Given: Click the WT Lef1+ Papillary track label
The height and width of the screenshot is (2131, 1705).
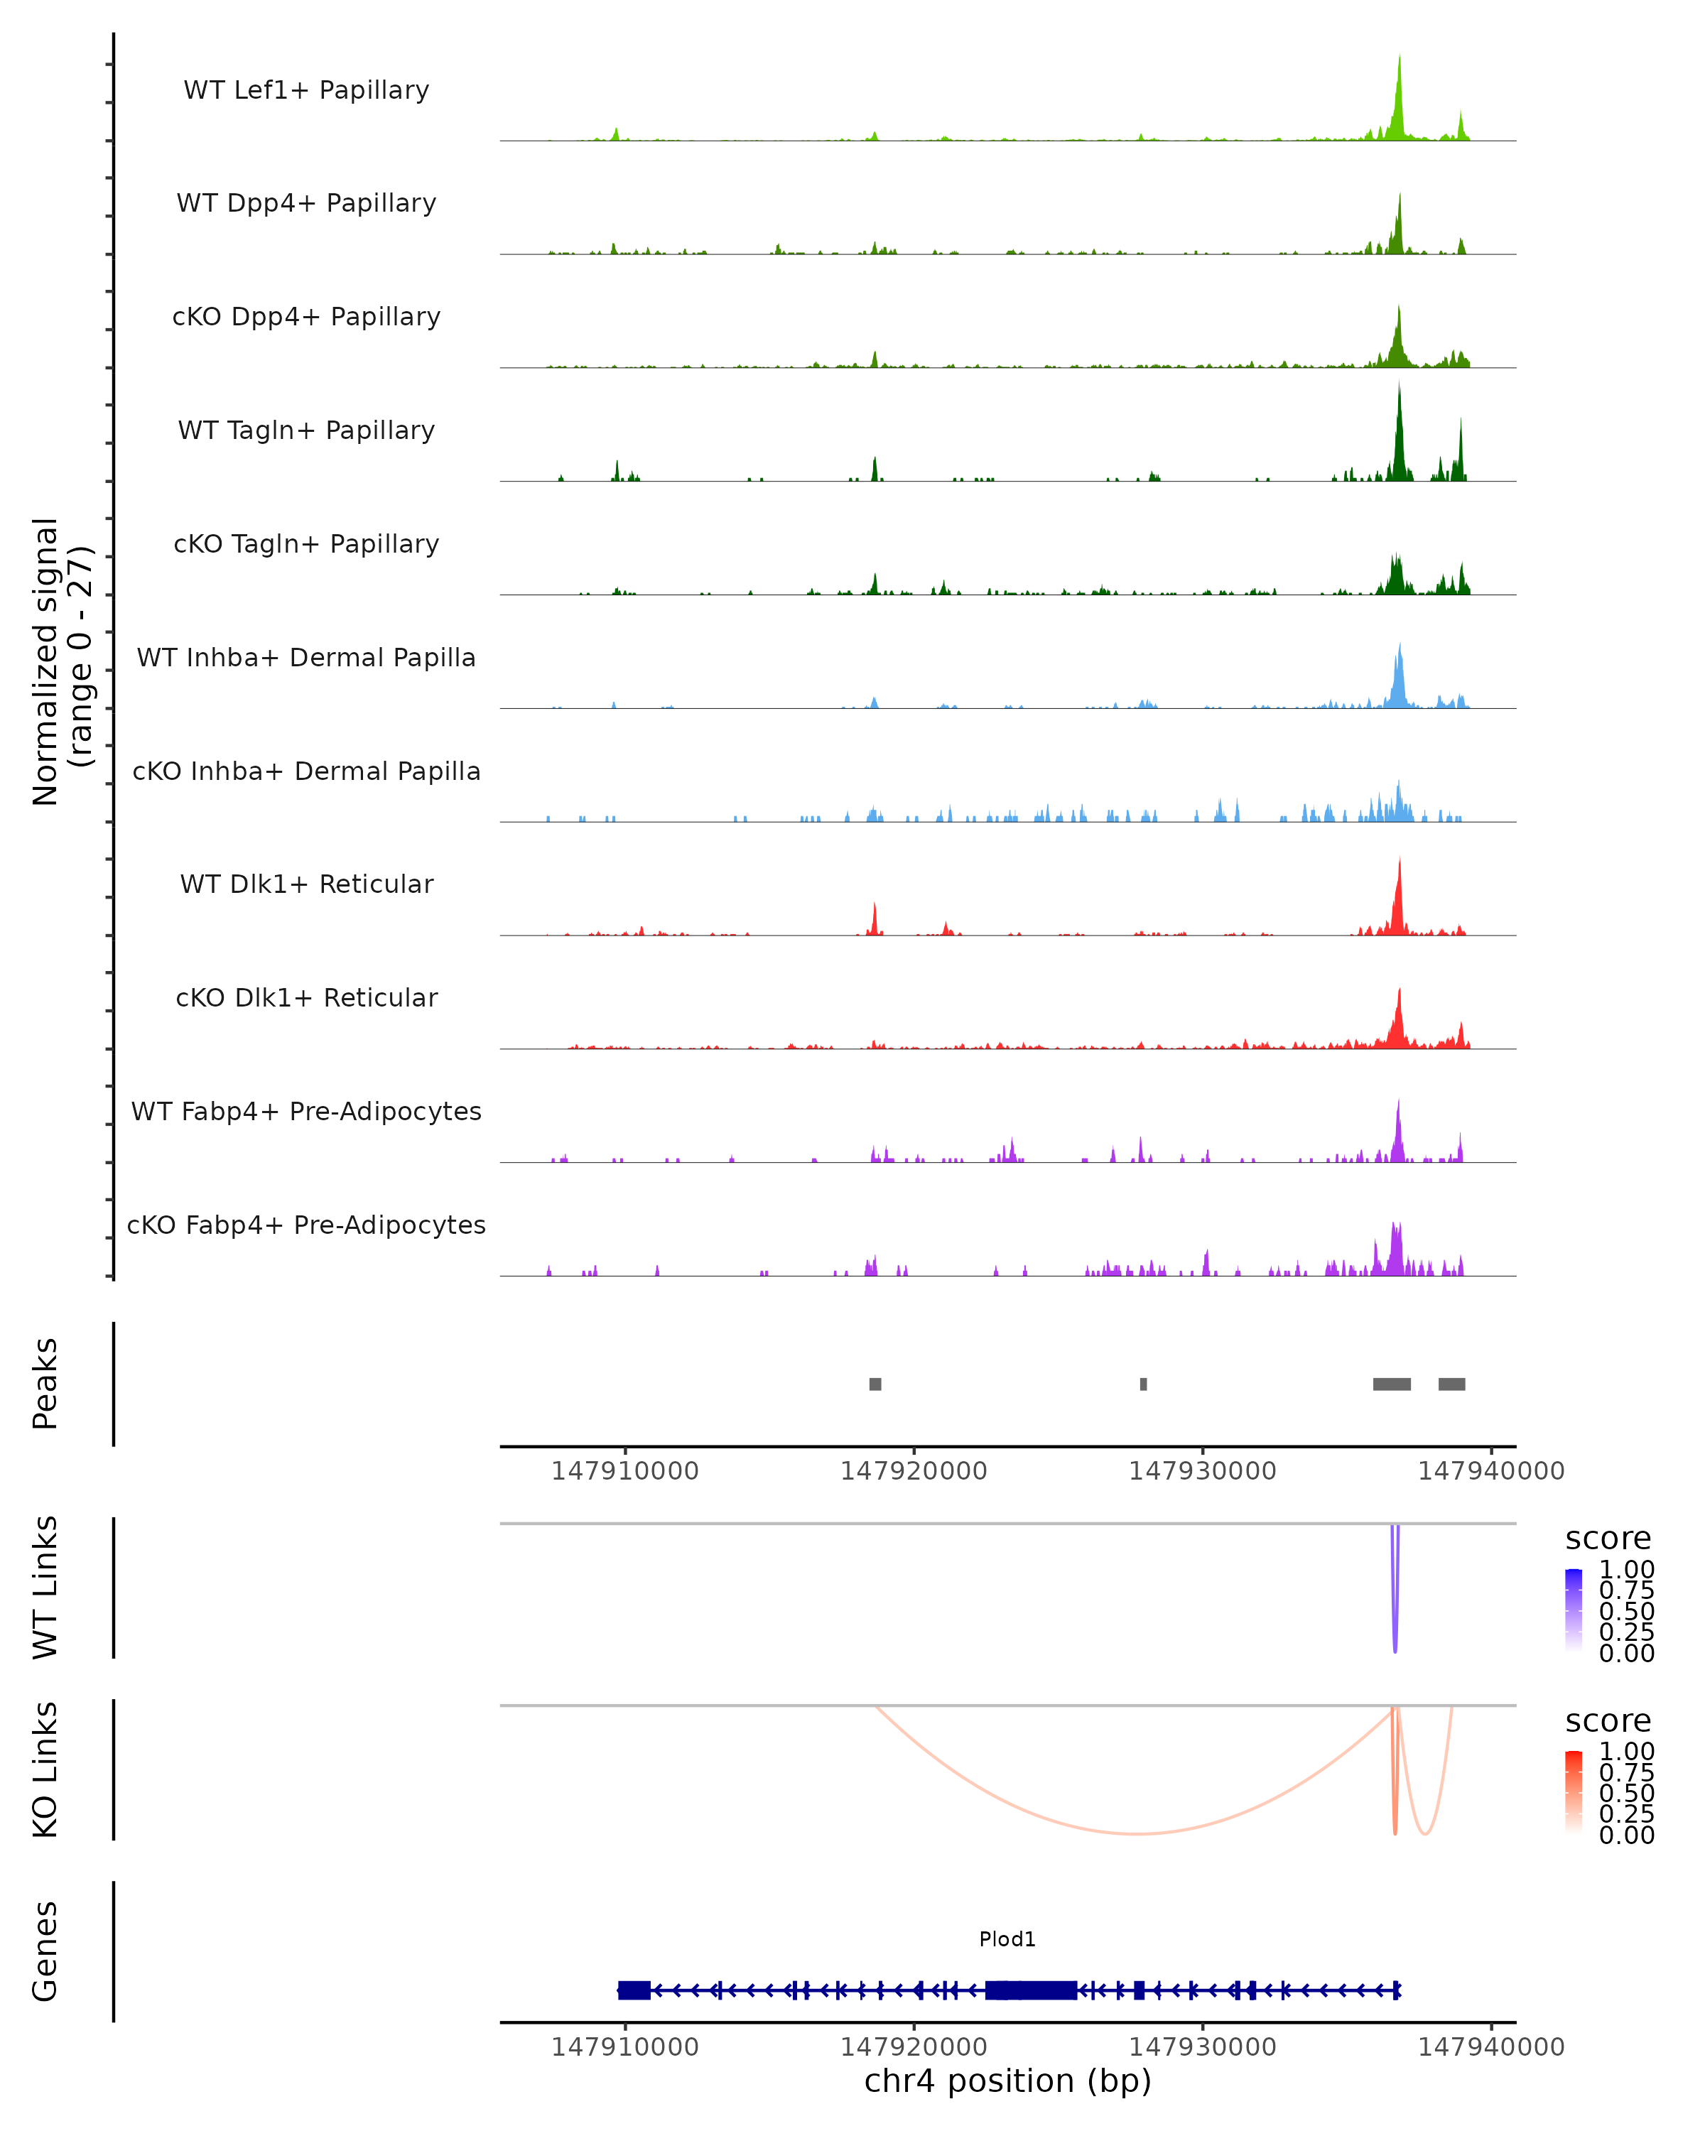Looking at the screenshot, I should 306,90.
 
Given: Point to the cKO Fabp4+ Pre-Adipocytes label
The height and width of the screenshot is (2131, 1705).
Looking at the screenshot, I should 306,1225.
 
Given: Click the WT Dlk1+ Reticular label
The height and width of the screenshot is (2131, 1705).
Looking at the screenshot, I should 306,884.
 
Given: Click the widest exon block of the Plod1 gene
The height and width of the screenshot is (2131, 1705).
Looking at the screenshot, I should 1031,1990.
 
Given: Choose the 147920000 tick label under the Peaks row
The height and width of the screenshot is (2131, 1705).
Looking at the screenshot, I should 914,1471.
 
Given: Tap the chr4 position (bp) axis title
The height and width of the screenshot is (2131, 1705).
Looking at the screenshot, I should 1007,2081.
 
